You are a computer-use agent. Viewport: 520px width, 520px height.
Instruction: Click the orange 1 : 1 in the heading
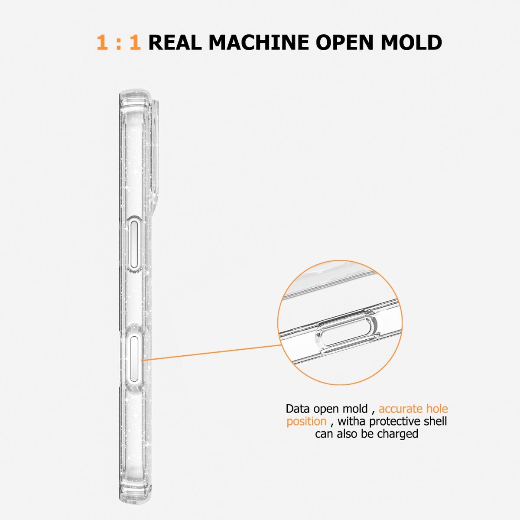(x=119, y=42)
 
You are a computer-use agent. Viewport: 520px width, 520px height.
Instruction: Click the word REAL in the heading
(x=175, y=42)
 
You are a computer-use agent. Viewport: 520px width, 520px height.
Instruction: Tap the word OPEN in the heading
(x=344, y=42)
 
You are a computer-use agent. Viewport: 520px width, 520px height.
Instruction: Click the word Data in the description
(x=298, y=409)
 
